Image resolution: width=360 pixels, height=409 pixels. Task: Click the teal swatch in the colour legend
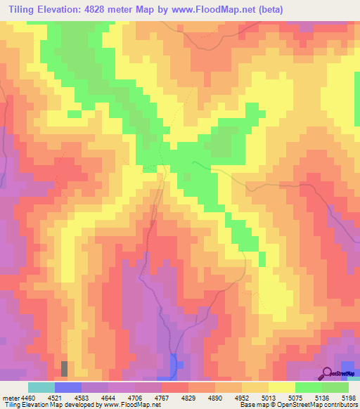pyautogui.click(x=41, y=388)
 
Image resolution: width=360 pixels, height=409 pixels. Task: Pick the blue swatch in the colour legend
pyautogui.click(x=67, y=388)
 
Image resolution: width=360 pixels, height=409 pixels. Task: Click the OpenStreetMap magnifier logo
pyautogui.click(x=327, y=372)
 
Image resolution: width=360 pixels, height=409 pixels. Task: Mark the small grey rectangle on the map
pyautogui.click(x=65, y=368)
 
